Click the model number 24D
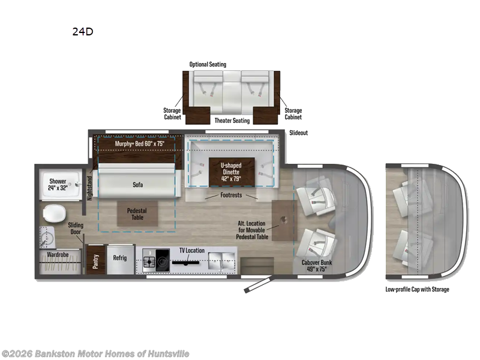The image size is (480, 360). tap(83, 32)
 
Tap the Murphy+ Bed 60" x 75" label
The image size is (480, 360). tap(140, 143)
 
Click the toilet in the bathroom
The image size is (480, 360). tap(55, 214)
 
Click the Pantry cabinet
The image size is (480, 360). tap(96, 259)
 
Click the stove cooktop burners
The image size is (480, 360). tap(149, 262)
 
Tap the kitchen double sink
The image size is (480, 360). tap(219, 260)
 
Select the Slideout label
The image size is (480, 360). tap(298, 133)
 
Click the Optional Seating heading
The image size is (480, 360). tap(208, 64)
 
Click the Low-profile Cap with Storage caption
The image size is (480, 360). tap(417, 289)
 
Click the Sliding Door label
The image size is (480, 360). tap(76, 229)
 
